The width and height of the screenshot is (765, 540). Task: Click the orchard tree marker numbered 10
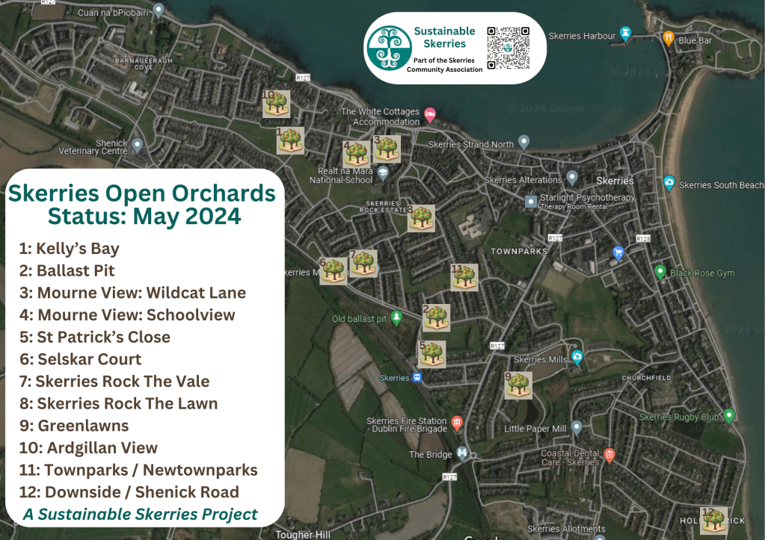point(277,104)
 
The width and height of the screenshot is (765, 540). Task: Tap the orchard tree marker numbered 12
point(713,520)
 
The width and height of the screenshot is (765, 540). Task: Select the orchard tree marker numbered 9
point(518,385)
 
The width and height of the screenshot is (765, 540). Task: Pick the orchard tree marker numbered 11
point(464,277)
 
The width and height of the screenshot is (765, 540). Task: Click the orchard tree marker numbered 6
point(334,271)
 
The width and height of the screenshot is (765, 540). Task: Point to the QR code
point(509,48)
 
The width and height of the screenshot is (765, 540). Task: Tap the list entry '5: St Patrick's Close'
point(95,337)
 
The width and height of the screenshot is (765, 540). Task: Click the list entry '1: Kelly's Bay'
point(70,248)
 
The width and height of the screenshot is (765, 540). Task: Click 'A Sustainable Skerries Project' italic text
point(141,514)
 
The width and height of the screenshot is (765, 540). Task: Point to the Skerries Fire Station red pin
point(457,423)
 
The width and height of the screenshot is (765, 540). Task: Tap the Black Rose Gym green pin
point(660,272)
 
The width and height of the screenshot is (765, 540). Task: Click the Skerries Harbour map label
point(582,35)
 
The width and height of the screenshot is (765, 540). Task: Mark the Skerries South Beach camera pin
point(669,183)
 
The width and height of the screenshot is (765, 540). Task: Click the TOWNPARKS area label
point(519,252)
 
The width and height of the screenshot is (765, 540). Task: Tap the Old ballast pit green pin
point(397,318)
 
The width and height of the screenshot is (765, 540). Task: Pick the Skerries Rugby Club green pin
point(729,415)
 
